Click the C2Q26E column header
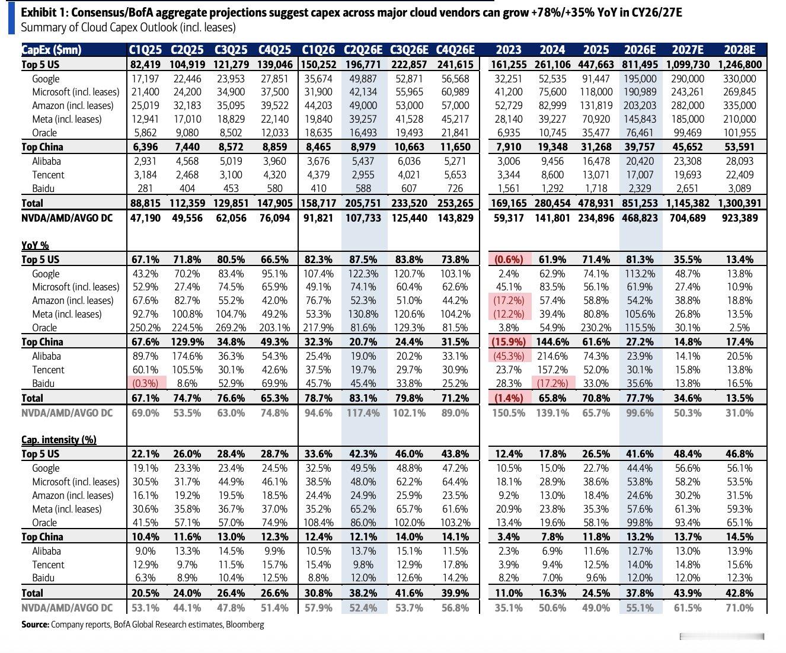(x=363, y=50)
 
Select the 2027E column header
(x=688, y=50)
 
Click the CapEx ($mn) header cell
(x=52, y=50)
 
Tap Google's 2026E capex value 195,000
(x=640, y=79)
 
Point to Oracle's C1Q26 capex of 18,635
(x=318, y=133)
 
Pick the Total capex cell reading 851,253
(x=640, y=203)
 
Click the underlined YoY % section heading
(x=35, y=245)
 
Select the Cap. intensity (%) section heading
(x=59, y=440)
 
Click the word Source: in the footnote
(x=35, y=625)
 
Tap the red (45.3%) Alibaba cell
(x=509, y=356)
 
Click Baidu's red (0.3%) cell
(x=145, y=383)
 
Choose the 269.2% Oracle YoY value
(x=231, y=328)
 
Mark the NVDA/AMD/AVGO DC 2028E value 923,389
(x=740, y=218)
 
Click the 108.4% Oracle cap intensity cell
(x=318, y=523)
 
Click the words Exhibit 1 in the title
(x=44, y=13)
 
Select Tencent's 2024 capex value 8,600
(x=552, y=175)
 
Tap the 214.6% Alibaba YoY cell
(x=552, y=356)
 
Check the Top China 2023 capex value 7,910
(x=509, y=147)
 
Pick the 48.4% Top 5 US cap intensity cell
(x=688, y=454)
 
